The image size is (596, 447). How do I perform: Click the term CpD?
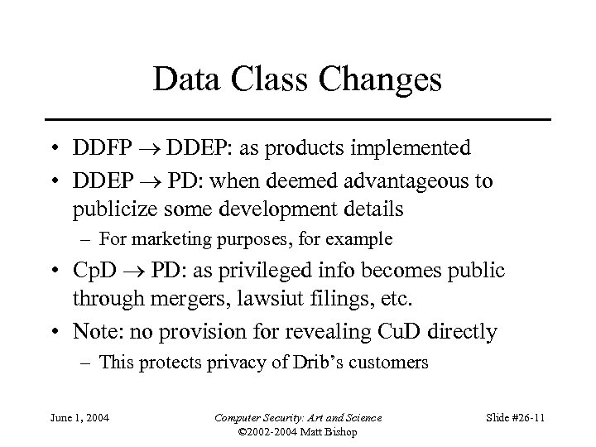tap(93, 272)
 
